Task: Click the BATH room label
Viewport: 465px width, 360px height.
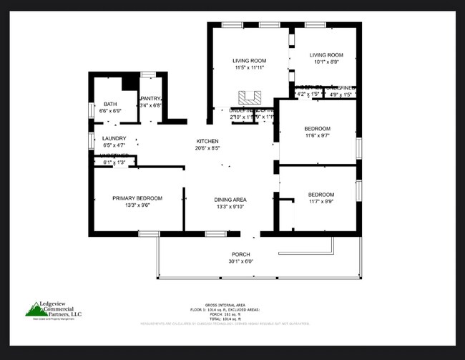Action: tap(109, 104)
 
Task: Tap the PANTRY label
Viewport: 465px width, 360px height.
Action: tap(150, 99)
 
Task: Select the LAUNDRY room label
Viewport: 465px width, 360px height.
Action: tap(114, 138)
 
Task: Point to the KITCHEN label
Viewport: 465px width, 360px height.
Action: tap(207, 142)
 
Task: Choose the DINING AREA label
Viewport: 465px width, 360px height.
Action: tap(230, 200)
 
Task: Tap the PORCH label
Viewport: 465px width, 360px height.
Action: tap(240, 255)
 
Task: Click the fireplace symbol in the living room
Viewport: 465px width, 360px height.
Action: tap(250, 97)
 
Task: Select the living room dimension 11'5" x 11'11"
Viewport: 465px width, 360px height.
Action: tap(250, 68)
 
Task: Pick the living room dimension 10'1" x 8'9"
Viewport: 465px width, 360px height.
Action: tap(325, 62)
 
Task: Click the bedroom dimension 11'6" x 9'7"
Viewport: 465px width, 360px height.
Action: tap(318, 135)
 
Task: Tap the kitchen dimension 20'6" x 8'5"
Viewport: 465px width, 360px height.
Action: tap(207, 149)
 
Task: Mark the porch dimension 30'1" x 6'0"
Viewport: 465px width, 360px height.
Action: tap(240, 262)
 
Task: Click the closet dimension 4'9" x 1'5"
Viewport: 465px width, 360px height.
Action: tap(340, 94)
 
